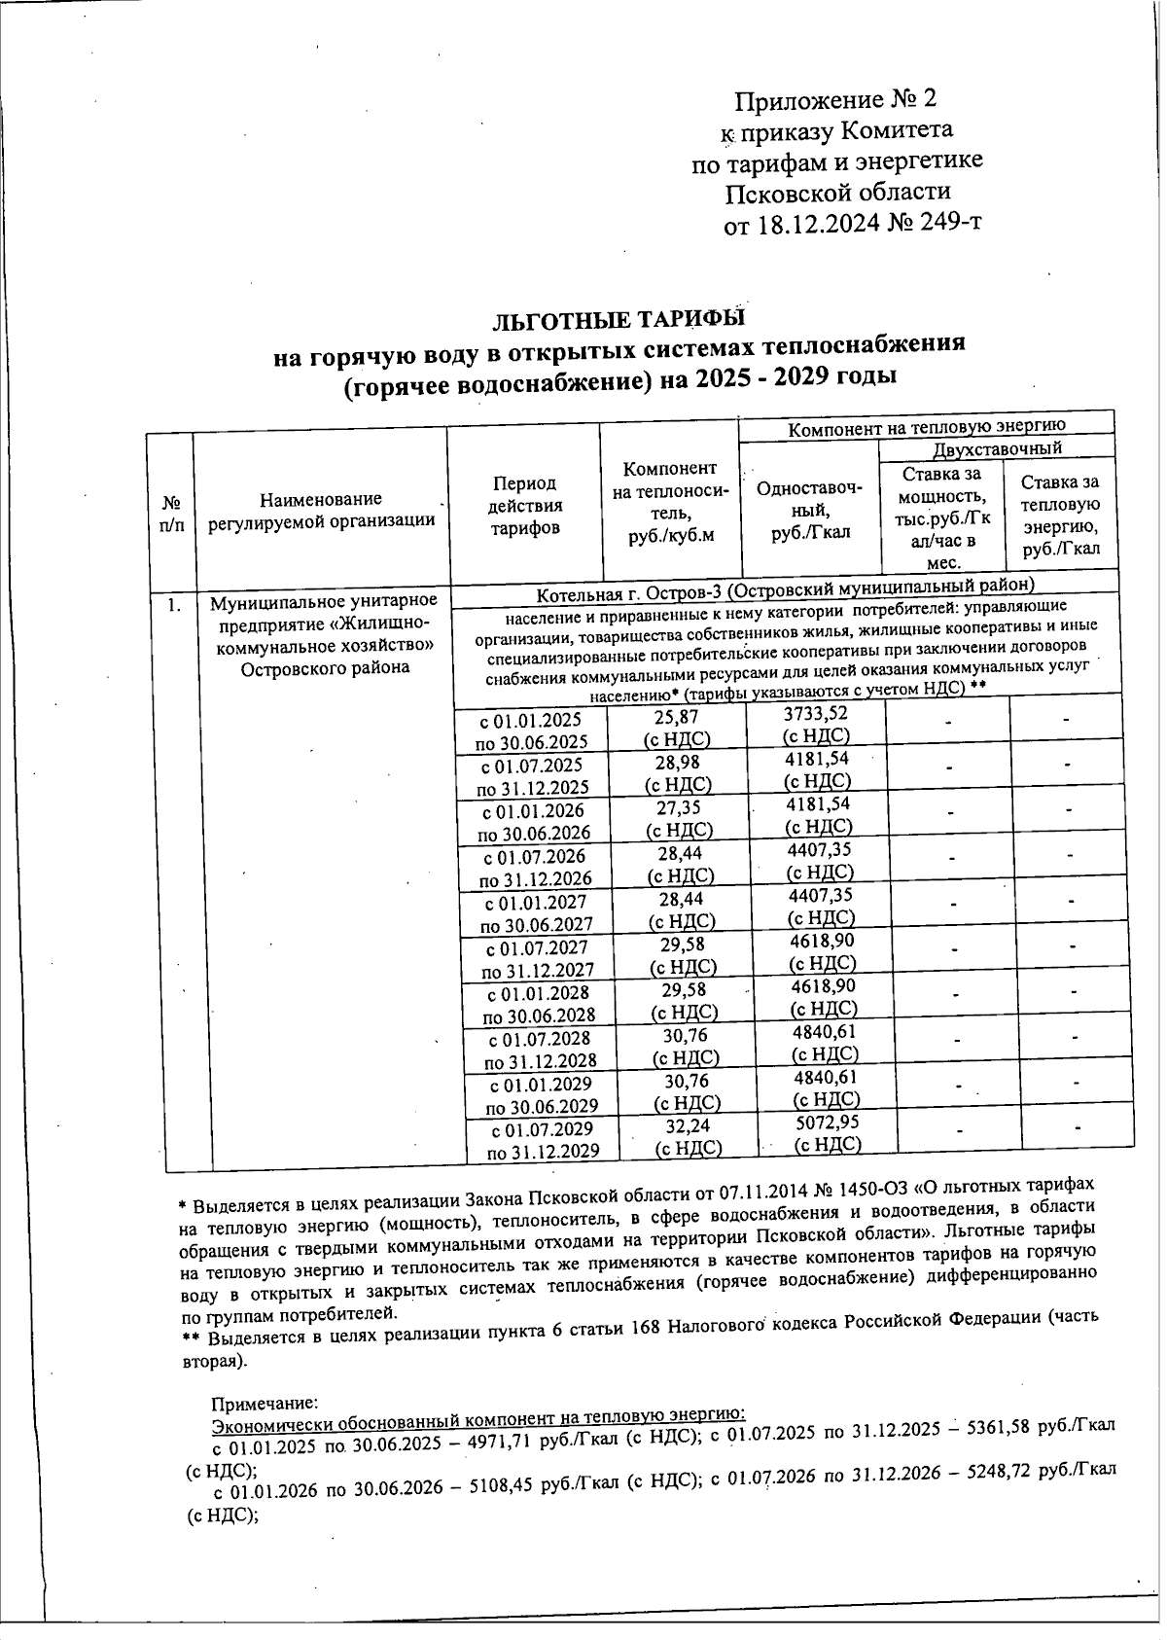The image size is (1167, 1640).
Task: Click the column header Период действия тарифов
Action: point(525,506)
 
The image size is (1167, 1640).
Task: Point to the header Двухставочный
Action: point(997,448)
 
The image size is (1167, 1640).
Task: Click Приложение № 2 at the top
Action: point(835,100)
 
